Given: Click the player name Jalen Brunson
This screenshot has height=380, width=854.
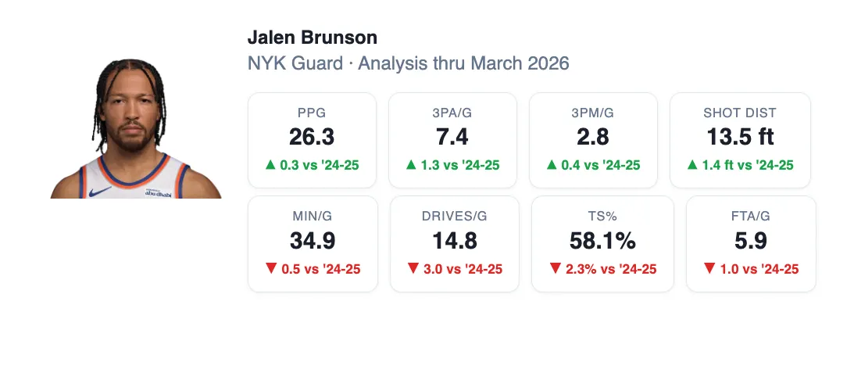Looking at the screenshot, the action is click(x=312, y=38).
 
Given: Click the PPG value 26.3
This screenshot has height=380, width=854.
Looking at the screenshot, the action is click(x=312, y=137).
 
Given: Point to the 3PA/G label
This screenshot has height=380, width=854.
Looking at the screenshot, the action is click(x=452, y=113).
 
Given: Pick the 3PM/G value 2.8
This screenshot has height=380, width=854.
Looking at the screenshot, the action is click(x=592, y=137).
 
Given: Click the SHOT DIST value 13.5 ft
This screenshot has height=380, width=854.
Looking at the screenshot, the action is click(x=740, y=137).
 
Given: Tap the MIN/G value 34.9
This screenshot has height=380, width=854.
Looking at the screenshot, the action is click(x=313, y=240).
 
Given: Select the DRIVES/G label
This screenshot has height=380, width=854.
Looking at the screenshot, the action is click(x=454, y=217).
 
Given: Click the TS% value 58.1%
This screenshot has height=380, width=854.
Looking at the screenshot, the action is click(x=602, y=240).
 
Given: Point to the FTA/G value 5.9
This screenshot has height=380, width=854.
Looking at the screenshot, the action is click(x=751, y=240).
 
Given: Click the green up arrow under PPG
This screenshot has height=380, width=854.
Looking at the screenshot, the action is click(x=270, y=164).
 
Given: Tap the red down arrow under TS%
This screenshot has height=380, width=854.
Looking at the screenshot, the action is click(x=555, y=267).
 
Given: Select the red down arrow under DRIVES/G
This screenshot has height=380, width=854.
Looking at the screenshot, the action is click(x=413, y=267).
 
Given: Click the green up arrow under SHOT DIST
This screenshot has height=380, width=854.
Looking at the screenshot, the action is click(x=692, y=164).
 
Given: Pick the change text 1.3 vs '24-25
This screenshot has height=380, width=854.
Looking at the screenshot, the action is click(x=459, y=165).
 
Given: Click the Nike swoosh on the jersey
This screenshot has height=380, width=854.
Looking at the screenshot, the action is click(x=100, y=192).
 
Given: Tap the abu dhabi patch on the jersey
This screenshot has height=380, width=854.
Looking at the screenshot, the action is click(x=159, y=192).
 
